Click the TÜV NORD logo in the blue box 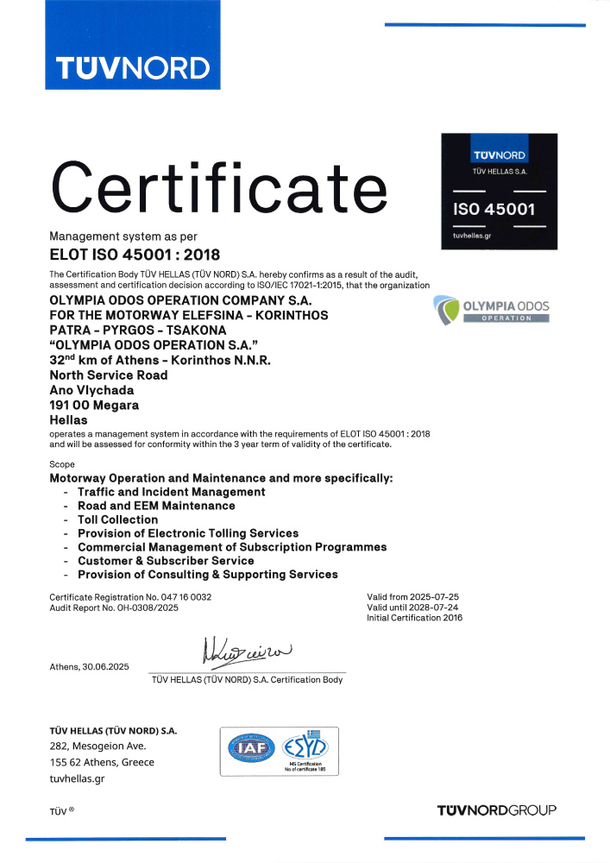tap(132, 67)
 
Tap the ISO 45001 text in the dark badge tap(494, 209)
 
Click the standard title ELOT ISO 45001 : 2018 tap(135, 255)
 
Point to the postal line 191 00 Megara tap(95, 405)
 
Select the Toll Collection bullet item tap(117, 520)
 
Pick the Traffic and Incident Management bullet tap(171, 492)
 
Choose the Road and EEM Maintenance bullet tap(156, 506)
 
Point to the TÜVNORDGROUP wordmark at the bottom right tap(497, 809)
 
